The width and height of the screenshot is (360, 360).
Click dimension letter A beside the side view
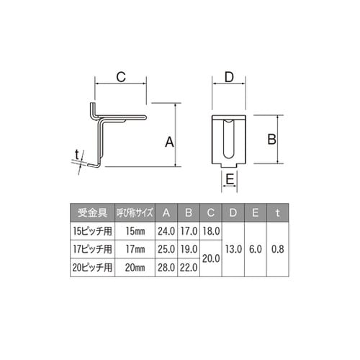click(170, 143)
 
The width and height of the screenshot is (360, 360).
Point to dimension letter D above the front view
click(230, 76)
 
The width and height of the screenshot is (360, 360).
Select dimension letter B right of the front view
click(272, 138)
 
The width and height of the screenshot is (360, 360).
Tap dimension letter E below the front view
click(230, 178)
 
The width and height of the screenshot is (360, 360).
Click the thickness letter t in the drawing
click(76, 152)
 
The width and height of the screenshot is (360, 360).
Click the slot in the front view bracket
click(230, 140)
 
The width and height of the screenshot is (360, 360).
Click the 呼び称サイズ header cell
click(133, 212)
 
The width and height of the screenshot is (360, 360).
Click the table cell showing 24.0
click(167, 230)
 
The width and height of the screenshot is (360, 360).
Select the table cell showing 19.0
click(189, 248)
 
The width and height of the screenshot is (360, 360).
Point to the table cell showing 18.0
click(212, 230)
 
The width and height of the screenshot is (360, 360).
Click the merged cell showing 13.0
click(233, 248)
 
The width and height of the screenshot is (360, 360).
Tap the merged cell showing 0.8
click(278, 248)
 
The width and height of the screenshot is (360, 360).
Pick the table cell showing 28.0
click(167, 266)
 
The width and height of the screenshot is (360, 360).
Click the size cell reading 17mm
click(133, 248)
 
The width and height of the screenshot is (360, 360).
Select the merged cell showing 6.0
click(256, 248)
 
